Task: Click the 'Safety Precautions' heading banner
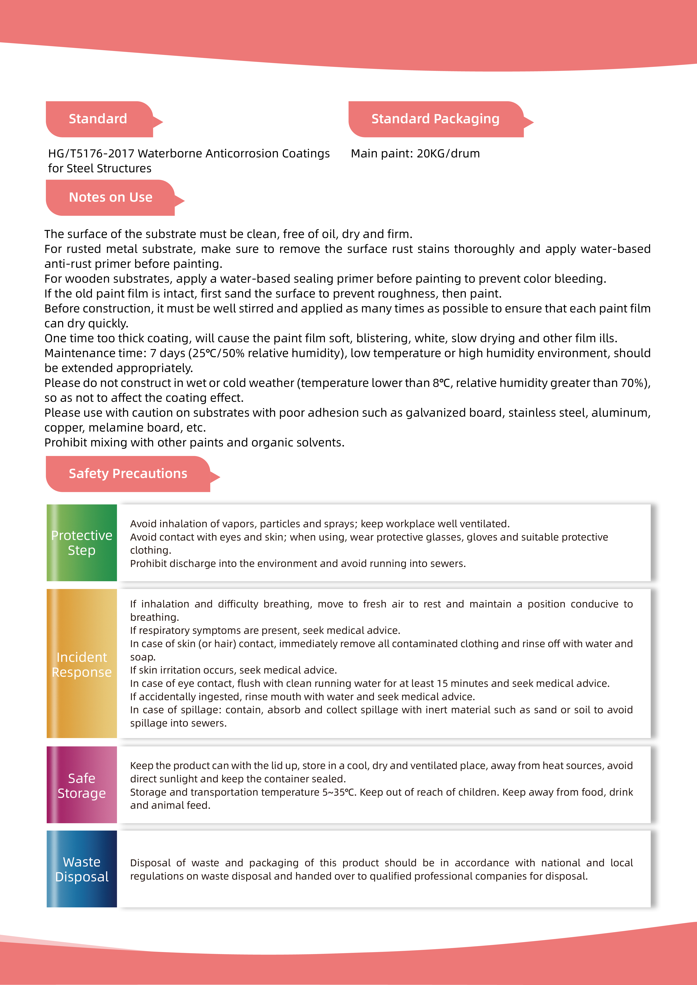pos(128,474)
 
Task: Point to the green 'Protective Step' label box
pos(82,543)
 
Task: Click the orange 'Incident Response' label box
pos(82,664)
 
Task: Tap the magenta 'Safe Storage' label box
pos(82,785)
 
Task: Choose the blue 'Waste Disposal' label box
pos(82,869)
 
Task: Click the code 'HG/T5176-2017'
pos(91,154)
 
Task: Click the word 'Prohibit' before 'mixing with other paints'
pos(66,443)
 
